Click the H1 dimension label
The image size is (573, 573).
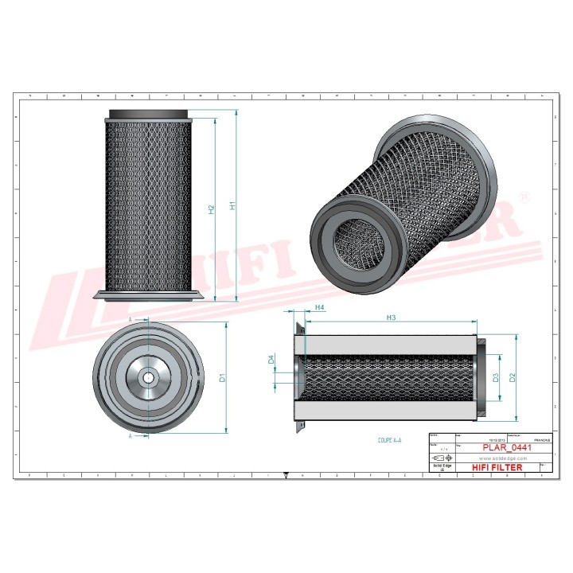232,205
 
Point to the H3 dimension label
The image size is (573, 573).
391,318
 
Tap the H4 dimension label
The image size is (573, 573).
319,307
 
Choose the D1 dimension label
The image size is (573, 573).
224,377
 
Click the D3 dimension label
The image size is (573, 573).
495,377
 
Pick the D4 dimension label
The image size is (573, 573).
271,360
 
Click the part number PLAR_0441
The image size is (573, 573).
508,448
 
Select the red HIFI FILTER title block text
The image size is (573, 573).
497,467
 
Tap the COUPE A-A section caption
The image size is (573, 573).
390,439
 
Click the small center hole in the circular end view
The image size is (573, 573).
148,376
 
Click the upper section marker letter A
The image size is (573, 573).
131,318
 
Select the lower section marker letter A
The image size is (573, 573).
131,436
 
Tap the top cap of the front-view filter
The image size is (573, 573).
147,114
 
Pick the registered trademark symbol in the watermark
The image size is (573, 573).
523,196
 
